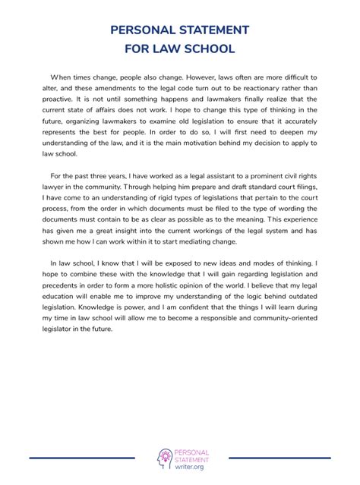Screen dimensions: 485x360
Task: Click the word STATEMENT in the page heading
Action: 204,30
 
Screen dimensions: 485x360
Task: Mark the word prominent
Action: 261,175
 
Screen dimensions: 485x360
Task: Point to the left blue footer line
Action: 82,457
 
